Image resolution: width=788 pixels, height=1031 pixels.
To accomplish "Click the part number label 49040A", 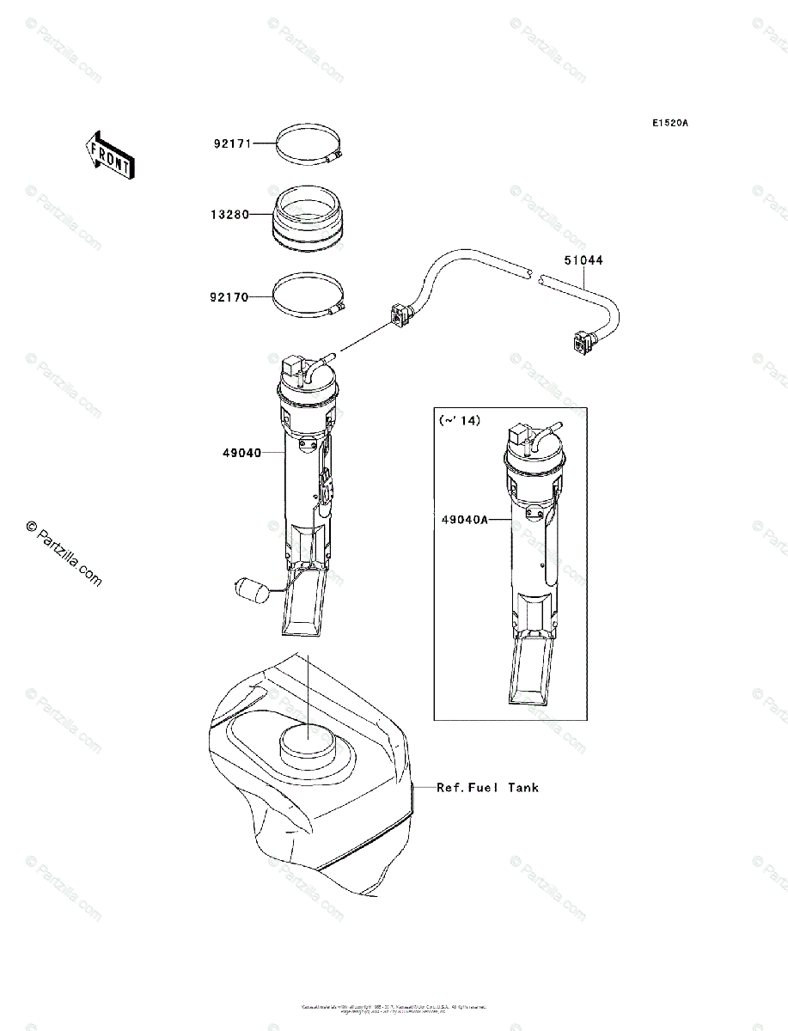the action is [x=465, y=519].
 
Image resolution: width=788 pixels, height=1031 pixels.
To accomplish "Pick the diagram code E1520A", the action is [x=669, y=123].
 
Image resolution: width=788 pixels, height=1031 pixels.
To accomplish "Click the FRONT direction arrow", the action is [x=107, y=154].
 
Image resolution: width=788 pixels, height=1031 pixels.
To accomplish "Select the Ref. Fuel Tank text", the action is [x=487, y=787].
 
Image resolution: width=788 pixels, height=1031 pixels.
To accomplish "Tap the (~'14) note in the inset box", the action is [x=460, y=420].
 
